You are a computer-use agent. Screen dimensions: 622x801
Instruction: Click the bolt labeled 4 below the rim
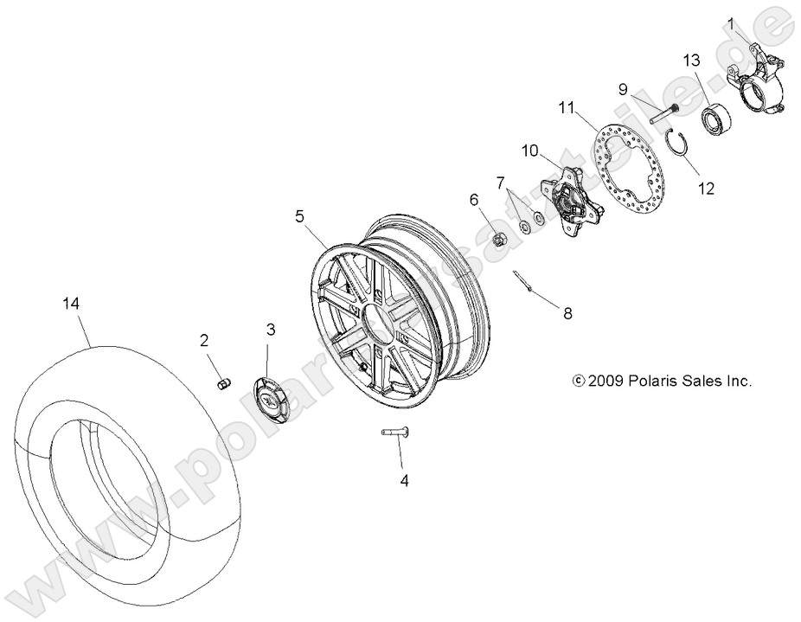point(395,433)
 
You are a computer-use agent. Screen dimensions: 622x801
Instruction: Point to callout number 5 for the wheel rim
point(299,217)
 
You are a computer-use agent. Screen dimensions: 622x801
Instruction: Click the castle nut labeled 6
point(498,239)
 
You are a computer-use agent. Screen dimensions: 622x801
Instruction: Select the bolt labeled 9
point(660,111)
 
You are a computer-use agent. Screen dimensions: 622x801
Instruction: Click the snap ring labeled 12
point(678,139)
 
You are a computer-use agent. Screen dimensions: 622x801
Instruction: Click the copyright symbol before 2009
point(579,381)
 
